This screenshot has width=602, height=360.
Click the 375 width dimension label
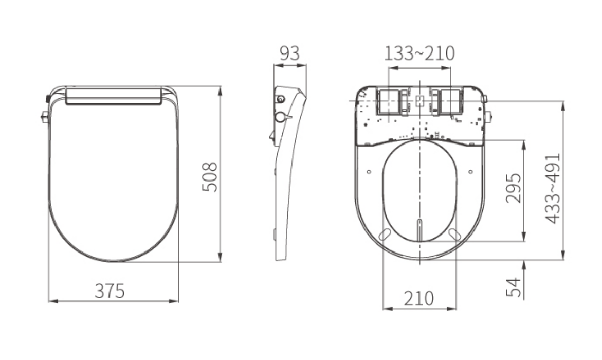coord(110,291)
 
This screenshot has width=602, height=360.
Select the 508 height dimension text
coord(209,177)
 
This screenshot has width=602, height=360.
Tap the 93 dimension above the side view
coord(290,53)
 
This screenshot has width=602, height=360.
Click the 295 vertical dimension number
coord(513,188)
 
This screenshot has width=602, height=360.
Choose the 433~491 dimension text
coord(553,188)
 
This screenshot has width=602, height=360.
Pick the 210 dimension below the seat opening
coord(418,298)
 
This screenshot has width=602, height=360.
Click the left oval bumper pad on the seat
coord(384,234)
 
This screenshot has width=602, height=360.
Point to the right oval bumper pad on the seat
coord(454,234)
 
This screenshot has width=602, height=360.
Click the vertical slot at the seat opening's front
coord(419,229)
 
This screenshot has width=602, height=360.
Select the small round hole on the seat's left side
coord(369,172)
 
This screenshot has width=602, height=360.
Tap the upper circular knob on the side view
coord(281,99)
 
